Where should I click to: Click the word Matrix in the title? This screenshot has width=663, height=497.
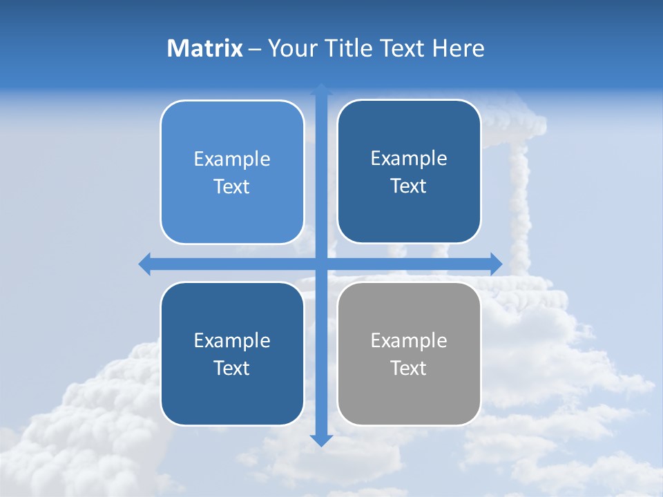coord(204,48)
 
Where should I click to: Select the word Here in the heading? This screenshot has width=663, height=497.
coord(459,48)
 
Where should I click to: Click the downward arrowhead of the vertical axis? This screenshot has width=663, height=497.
coord(320,440)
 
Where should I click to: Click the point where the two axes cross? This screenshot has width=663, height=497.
coord(320,264)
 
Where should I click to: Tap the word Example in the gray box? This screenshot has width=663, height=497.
coord(409,340)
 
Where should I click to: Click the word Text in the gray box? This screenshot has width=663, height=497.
coord(409,368)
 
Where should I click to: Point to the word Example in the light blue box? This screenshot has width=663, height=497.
coord(232,159)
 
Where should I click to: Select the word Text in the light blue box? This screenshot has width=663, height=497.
coord(232,187)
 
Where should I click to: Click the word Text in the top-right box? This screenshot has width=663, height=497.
coord(409,186)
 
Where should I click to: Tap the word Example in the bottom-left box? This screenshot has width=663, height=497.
coord(232,340)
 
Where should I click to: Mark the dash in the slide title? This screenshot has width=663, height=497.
coord(255,49)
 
